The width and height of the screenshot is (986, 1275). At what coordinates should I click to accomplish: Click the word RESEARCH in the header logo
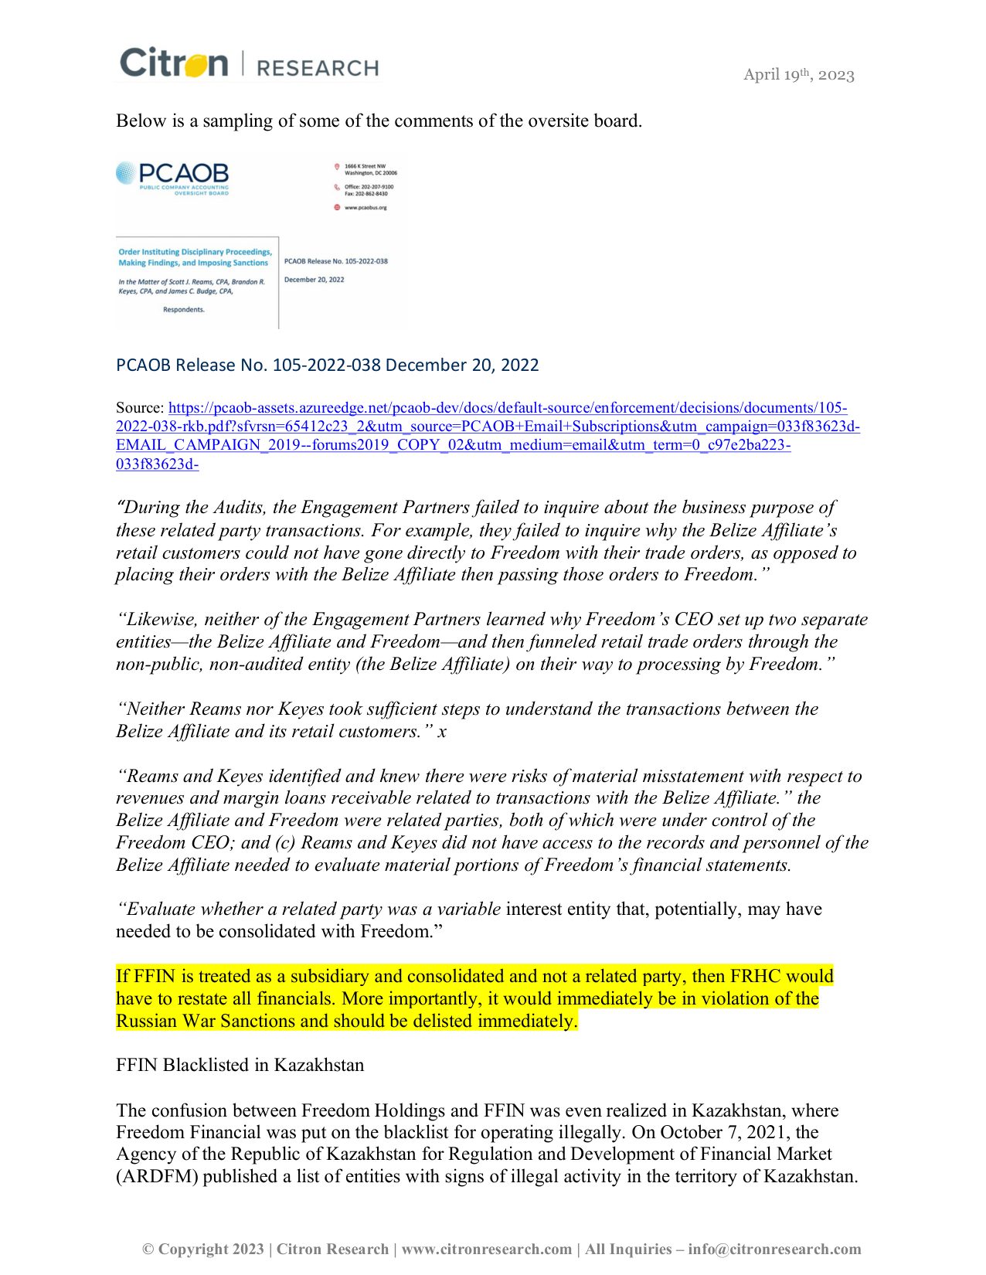point(317,68)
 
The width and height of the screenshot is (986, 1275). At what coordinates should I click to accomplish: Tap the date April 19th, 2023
point(798,75)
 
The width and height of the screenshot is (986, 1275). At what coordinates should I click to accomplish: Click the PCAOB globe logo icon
point(125,173)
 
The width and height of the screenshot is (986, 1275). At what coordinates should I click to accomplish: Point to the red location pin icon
point(337,167)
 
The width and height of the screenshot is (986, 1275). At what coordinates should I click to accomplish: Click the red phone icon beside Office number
point(337,187)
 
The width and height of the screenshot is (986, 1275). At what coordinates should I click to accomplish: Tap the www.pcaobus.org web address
point(365,208)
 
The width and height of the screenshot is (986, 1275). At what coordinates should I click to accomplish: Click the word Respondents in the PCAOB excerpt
point(184,310)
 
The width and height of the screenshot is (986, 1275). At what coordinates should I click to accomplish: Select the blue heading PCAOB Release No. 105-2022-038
point(327,365)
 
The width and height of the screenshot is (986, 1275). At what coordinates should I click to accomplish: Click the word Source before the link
point(139,408)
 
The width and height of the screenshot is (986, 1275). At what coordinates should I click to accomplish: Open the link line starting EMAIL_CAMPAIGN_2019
point(453,445)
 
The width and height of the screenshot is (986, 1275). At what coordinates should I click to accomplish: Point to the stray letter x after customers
point(442,732)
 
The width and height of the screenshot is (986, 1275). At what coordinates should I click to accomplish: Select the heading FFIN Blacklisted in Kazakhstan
point(240,1065)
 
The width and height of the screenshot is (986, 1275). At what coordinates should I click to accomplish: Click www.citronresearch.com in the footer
point(487,1249)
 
